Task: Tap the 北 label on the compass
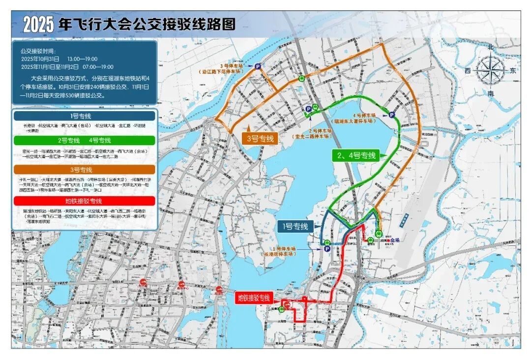tap(490, 47)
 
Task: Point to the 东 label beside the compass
tap(513, 71)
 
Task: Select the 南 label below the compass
tap(490, 93)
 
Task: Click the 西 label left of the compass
tap(467, 71)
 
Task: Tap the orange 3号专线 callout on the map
tap(260, 138)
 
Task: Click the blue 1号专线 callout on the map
tap(295, 226)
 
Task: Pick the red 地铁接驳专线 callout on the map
tap(254, 298)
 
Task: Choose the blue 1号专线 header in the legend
tap(84, 116)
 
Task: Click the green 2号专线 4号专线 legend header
tap(84, 141)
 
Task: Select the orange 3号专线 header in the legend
tap(84, 169)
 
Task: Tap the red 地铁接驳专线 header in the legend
tap(84, 201)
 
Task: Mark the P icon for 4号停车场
tap(392, 115)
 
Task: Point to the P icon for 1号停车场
tap(326, 249)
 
